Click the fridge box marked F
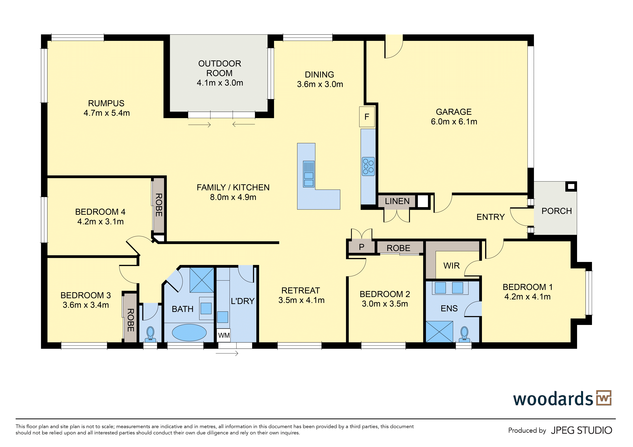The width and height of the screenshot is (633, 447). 367,117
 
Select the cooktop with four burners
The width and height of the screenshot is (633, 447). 368,166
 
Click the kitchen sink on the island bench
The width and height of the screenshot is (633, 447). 309,174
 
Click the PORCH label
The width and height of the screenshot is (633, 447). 557,211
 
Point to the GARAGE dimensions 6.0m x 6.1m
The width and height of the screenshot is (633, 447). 454,121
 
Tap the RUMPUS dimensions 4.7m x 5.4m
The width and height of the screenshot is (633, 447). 107,113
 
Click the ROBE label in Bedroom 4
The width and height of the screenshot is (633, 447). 159,205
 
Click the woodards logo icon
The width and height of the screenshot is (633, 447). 604,398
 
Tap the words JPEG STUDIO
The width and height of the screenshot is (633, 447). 581,430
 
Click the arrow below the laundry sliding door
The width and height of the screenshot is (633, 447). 227,353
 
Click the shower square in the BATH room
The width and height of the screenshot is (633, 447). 202,280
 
